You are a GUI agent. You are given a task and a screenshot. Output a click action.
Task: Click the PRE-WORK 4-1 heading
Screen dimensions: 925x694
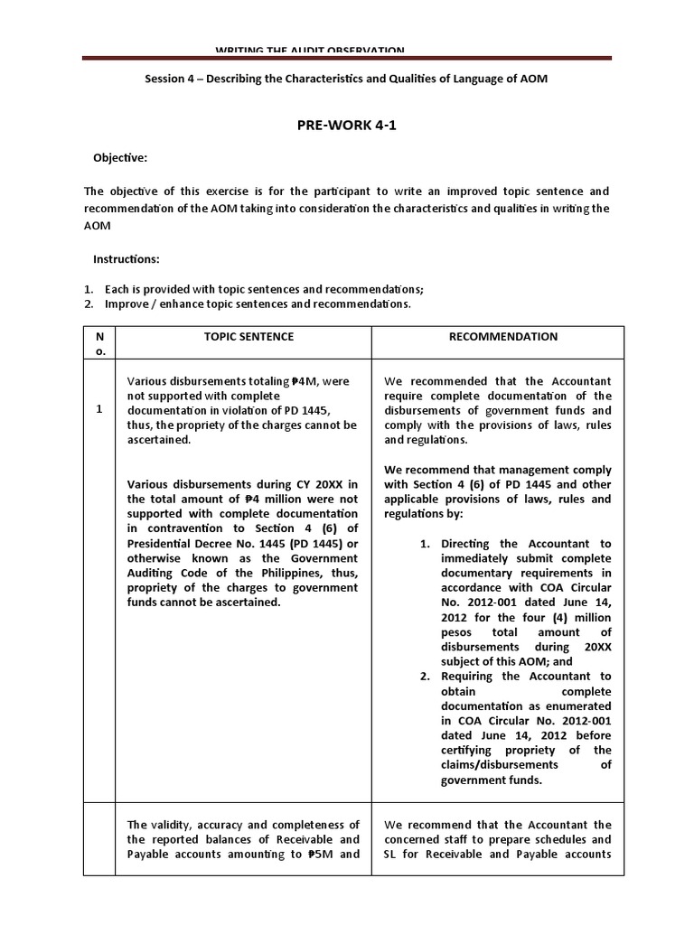coord(346,126)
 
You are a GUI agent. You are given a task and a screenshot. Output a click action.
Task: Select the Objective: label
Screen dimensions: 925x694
coord(120,158)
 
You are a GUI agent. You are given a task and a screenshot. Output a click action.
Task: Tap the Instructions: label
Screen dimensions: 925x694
coord(127,259)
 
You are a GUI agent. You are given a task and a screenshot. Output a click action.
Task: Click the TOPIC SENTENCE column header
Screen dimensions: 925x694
coord(243,337)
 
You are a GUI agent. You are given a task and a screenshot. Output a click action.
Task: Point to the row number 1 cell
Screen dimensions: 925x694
coord(98,410)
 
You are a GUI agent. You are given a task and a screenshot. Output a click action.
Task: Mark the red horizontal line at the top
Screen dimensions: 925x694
coord(346,58)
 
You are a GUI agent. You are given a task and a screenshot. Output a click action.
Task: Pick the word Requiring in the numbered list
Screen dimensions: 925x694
coord(469,677)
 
